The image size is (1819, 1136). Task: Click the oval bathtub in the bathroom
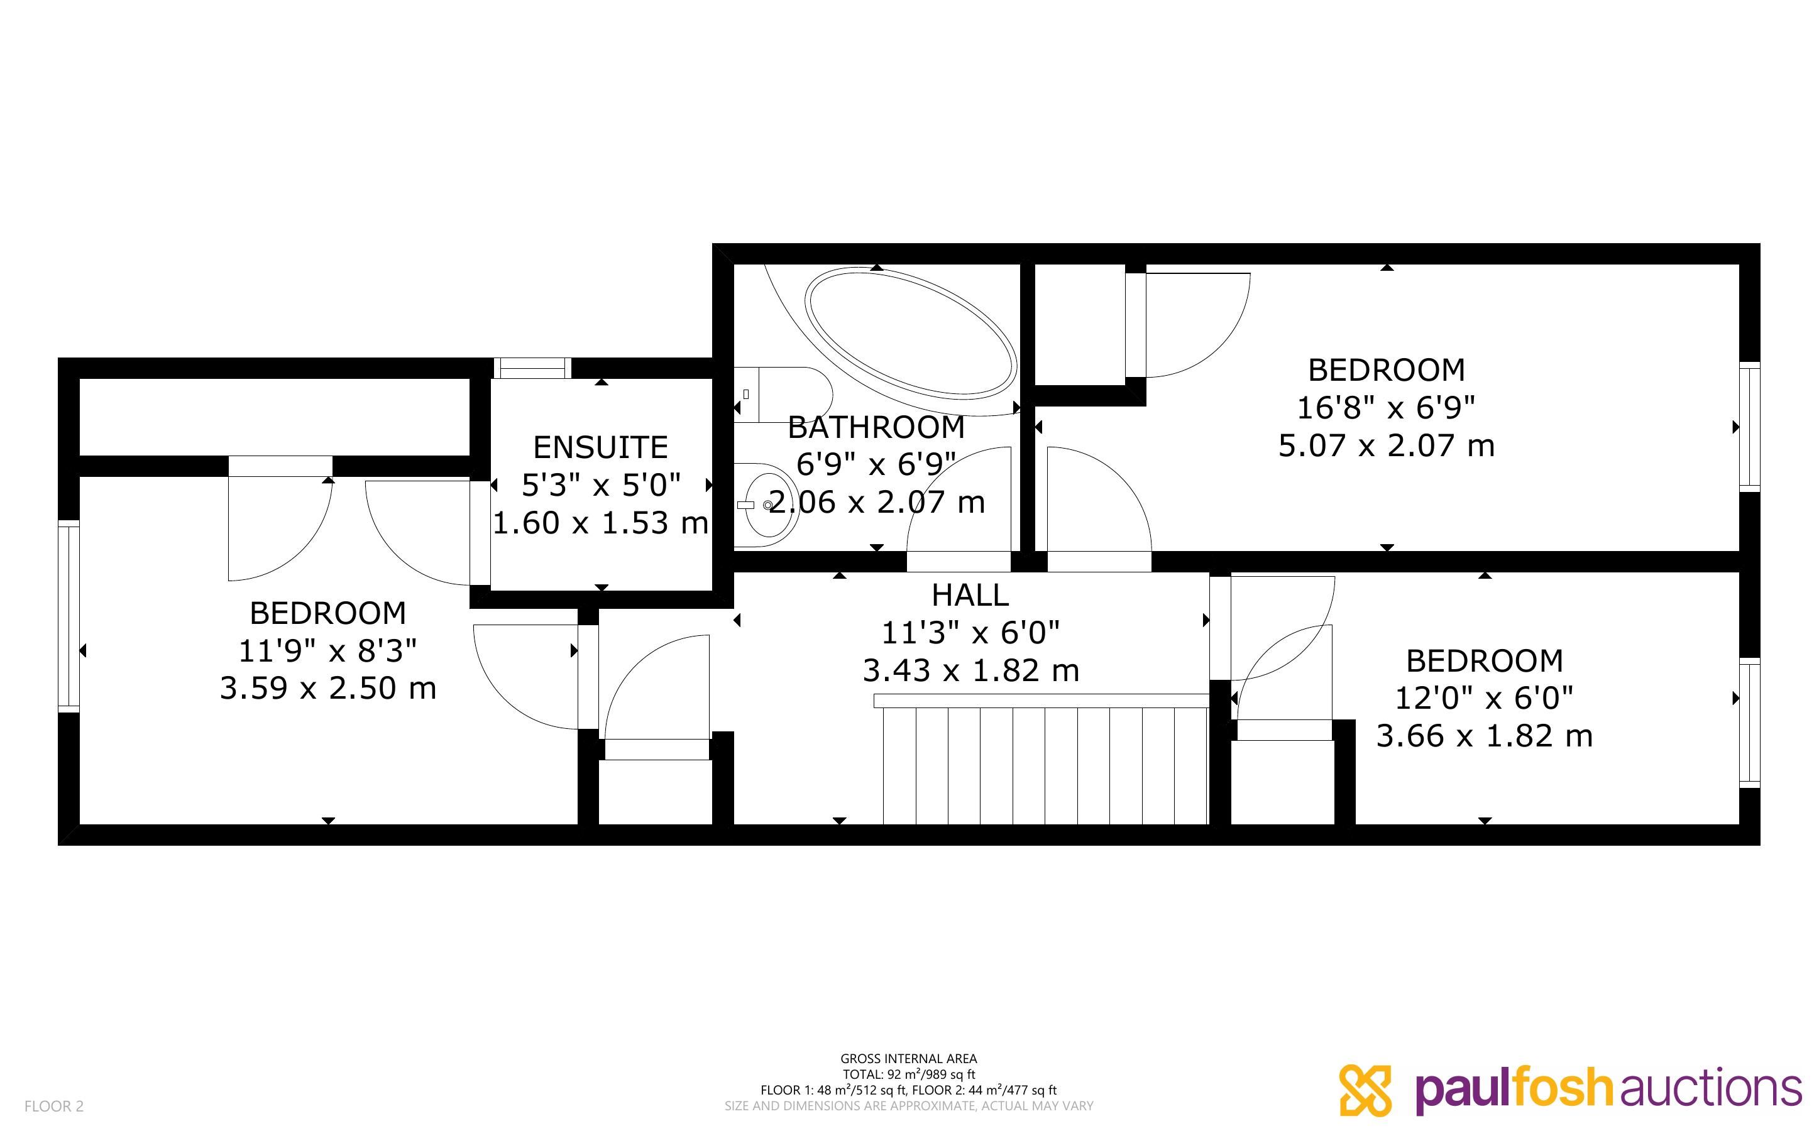click(x=910, y=332)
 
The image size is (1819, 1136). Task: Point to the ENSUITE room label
click(x=600, y=448)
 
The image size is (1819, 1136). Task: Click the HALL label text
click(x=970, y=595)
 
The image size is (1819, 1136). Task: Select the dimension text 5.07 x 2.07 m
click(x=1386, y=445)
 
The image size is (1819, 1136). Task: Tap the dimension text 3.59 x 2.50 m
click(x=327, y=688)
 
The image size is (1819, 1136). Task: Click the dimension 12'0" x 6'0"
click(x=1484, y=698)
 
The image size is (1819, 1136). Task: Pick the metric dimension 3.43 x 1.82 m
click(x=970, y=670)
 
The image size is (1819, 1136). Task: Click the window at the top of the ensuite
click(x=532, y=368)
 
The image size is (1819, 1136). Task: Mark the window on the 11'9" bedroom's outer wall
click(x=69, y=616)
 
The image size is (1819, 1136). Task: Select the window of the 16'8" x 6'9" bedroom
click(x=1750, y=427)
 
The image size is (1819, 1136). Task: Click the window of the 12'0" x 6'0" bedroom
click(x=1750, y=723)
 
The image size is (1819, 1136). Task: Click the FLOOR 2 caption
click(x=54, y=1106)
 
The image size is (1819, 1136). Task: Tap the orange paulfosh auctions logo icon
click(x=1365, y=1090)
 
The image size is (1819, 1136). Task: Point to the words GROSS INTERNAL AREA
click(x=908, y=1059)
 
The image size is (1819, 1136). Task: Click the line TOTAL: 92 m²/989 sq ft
click(x=908, y=1074)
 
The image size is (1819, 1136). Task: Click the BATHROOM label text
click(x=876, y=427)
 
